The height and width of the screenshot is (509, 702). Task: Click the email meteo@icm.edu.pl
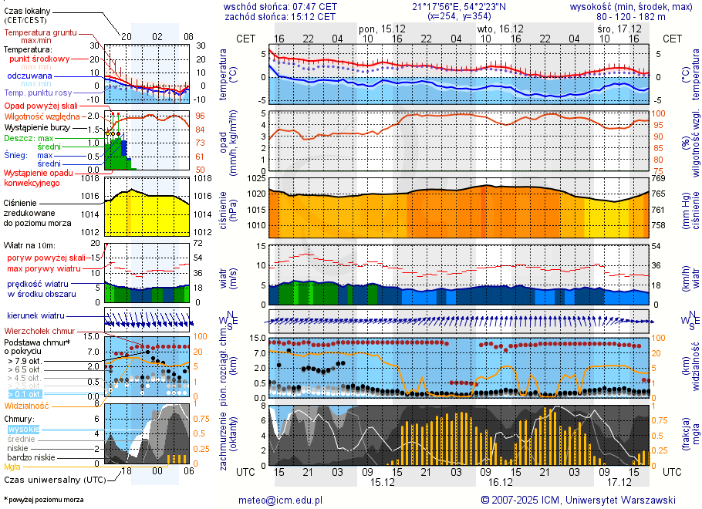click(280, 500)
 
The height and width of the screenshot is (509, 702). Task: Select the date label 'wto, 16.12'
click(501, 28)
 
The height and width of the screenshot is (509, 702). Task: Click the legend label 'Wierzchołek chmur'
click(40, 330)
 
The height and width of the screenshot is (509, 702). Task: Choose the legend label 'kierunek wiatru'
click(35, 315)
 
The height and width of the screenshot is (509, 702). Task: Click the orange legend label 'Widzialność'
click(27, 405)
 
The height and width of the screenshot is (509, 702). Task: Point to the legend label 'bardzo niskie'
click(32, 457)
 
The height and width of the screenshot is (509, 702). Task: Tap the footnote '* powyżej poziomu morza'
click(43, 500)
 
